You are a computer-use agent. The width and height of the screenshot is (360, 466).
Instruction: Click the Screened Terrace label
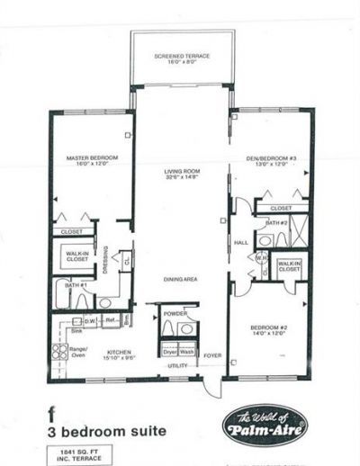[x=182, y=56]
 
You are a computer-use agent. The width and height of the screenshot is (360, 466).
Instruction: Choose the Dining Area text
[x=180, y=279]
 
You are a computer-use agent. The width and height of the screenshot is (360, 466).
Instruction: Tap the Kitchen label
[x=121, y=353]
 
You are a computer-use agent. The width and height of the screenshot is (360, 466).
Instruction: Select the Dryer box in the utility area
[x=169, y=351]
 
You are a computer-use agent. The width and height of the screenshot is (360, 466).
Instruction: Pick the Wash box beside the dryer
[x=187, y=351]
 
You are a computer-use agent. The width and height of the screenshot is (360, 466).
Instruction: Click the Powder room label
[x=175, y=313]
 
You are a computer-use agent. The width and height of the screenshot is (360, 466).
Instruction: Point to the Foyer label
[x=210, y=354]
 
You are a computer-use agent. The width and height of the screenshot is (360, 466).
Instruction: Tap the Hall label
[x=240, y=242]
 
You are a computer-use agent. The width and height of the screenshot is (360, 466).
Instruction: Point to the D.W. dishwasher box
[x=90, y=319]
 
